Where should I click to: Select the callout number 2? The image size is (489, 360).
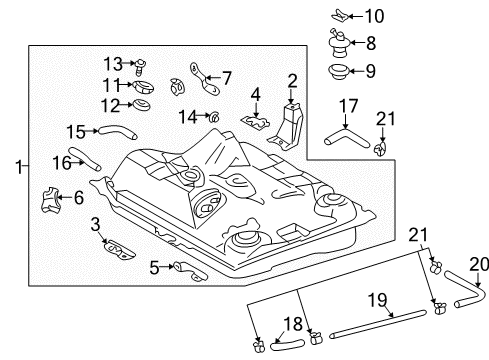pyautogui.click(x=292, y=80)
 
